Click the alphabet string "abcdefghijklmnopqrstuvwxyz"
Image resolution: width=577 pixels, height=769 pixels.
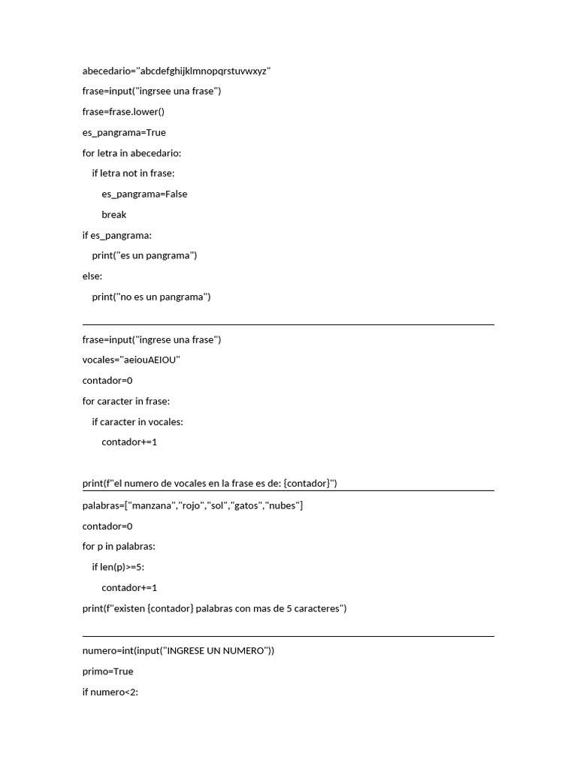point(204,71)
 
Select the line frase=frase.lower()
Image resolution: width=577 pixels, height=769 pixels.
point(123,112)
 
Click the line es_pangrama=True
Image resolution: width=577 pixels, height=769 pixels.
point(124,133)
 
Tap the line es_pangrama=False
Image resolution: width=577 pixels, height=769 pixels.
point(144,195)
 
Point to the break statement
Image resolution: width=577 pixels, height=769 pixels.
point(114,215)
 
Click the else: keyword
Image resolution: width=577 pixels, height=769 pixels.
point(92,276)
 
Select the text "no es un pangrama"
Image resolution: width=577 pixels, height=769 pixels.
point(164,297)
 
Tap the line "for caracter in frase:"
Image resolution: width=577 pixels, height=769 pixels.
point(126,401)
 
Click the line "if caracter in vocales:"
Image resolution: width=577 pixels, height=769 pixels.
point(137,421)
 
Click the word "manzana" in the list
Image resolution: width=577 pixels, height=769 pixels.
point(153,505)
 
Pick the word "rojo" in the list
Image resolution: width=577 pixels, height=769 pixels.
point(192,505)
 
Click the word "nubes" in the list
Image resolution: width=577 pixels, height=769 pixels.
point(282,505)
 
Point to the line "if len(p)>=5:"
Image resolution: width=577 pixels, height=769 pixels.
point(118,567)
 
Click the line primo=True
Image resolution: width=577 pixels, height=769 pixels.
point(108,671)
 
